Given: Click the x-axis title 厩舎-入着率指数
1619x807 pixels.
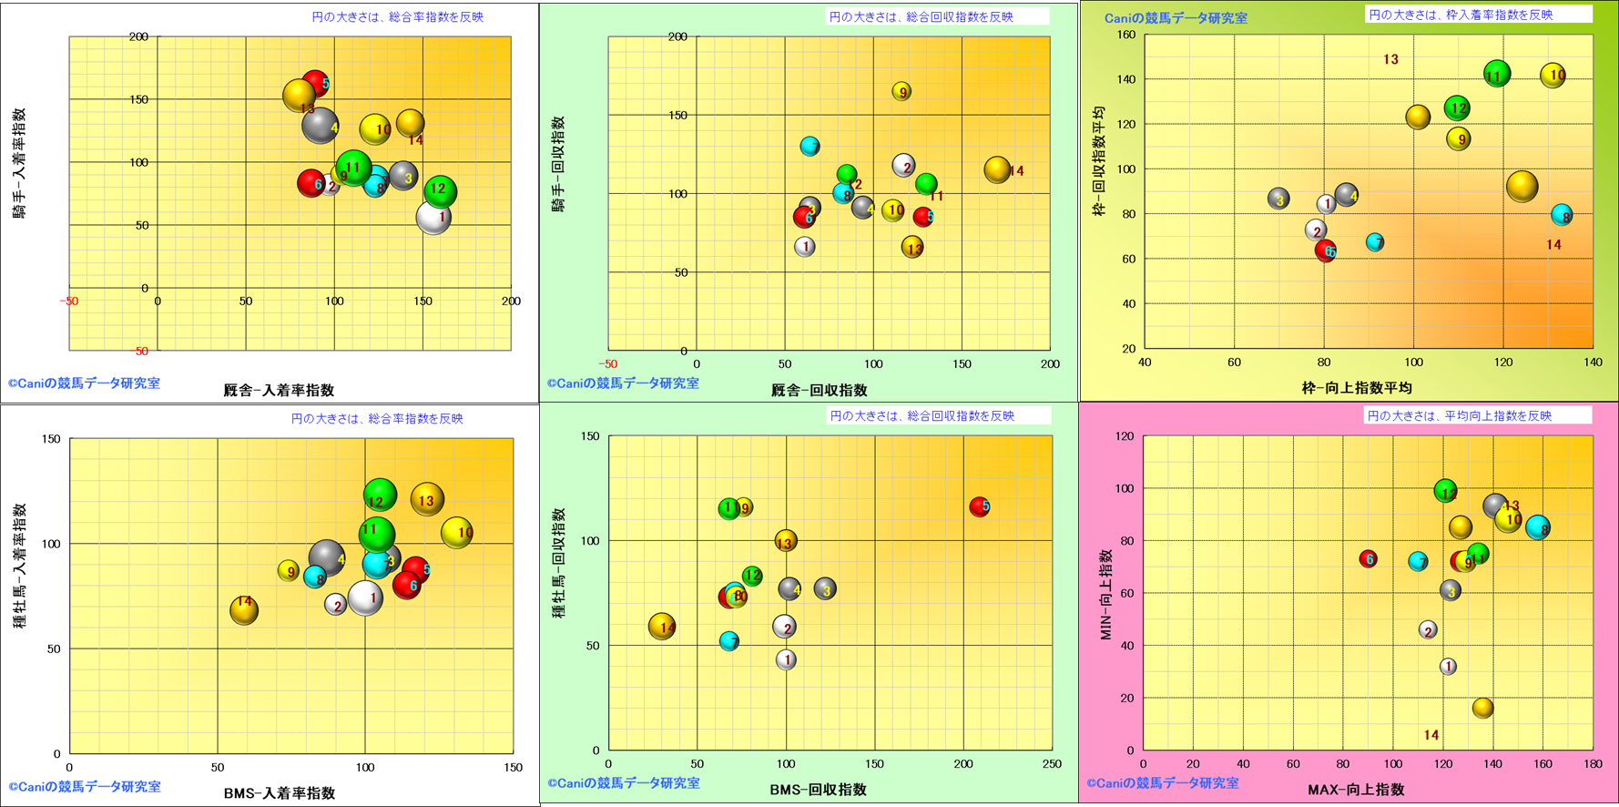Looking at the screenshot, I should pyautogui.click(x=279, y=390).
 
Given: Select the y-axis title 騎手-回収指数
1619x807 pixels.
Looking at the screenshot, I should pyautogui.click(x=558, y=164).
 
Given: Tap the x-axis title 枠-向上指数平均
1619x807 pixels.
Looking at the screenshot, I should pyautogui.click(x=1357, y=388).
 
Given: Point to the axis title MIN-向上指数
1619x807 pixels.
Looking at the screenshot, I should pyautogui.click(x=1106, y=594).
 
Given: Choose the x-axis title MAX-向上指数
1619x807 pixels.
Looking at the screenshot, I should pyautogui.click(x=1356, y=790).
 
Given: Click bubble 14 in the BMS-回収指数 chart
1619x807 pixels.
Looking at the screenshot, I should pyautogui.click(x=663, y=626).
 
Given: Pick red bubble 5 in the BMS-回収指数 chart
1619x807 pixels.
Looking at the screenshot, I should pyautogui.click(x=979, y=506).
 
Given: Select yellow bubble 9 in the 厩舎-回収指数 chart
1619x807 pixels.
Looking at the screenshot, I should pyautogui.click(x=901, y=91).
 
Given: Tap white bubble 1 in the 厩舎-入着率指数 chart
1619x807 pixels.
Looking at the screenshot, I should pyautogui.click(x=433, y=218).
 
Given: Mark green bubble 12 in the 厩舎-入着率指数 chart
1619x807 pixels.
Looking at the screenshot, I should pyautogui.click(x=440, y=190).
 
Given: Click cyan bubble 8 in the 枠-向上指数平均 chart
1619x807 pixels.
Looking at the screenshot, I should pyautogui.click(x=1562, y=216).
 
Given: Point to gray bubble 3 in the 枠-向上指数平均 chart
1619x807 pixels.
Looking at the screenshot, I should pyautogui.click(x=1279, y=199).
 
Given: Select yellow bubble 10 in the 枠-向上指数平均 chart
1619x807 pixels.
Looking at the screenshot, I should pyautogui.click(x=1553, y=76).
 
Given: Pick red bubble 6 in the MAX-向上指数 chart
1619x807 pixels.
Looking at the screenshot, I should pyautogui.click(x=1368, y=559).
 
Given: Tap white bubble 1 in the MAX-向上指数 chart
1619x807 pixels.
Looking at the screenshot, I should pyautogui.click(x=1448, y=667).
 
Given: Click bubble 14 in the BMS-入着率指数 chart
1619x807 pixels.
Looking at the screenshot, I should pyautogui.click(x=244, y=609).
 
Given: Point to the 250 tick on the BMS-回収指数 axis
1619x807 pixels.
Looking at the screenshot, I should pyautogui.click(x=1052, y=764).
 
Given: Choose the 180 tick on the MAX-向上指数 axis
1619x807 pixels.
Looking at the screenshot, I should pyautogui.click(x=1593, y=764).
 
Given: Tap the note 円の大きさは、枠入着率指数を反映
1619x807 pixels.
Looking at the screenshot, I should pyautogui.click(x=1461, y=15).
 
